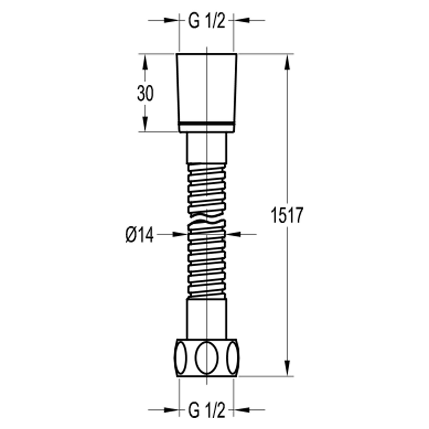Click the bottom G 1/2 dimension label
206,410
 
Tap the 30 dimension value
145,94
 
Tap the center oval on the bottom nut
207,357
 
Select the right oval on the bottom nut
233,357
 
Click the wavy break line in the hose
206,219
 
